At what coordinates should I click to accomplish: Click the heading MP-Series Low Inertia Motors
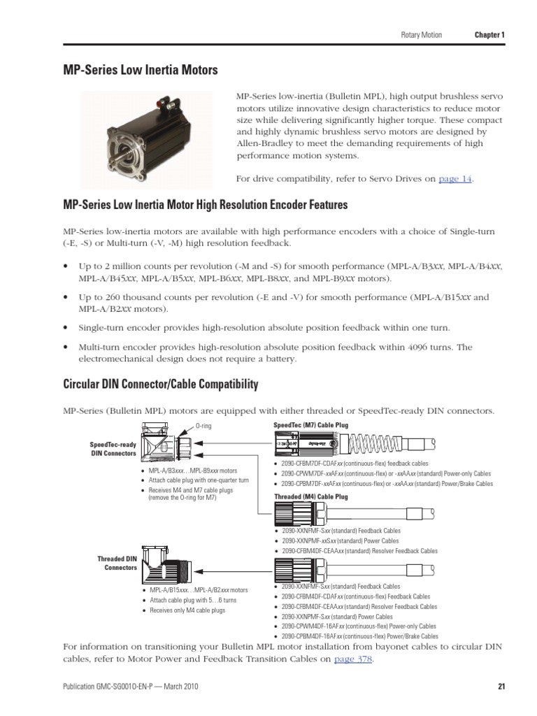point(141,70)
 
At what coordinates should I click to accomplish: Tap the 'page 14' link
point(455,179)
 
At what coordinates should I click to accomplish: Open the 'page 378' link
point(353,659)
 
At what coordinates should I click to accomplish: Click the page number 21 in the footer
point(501,687)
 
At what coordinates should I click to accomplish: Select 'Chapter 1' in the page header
point(489,35)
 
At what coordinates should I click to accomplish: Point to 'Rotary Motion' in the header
point(421,35)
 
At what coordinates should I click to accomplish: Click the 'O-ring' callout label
point(203,426)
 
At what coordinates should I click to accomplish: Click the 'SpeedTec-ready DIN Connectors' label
point(113,449)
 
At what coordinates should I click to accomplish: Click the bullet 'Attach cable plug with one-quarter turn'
point(199,480)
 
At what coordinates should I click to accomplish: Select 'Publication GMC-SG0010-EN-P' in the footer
point(110,687)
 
